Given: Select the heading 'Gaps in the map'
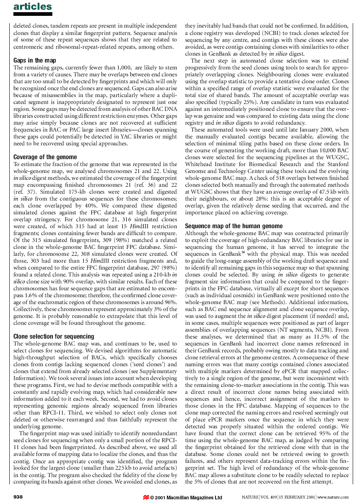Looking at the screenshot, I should click(x=34, y=60).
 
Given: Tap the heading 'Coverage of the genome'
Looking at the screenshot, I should click(x=45, y=157).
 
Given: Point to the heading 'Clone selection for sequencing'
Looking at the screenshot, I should click(x=54, y=337).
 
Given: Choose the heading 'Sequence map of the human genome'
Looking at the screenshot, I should click(x=233, y=226).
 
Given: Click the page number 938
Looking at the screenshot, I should click(x=18, y=497).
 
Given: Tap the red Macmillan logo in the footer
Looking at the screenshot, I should click(x=146, y=497).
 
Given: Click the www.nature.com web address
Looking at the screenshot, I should click(x=333, y=497).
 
